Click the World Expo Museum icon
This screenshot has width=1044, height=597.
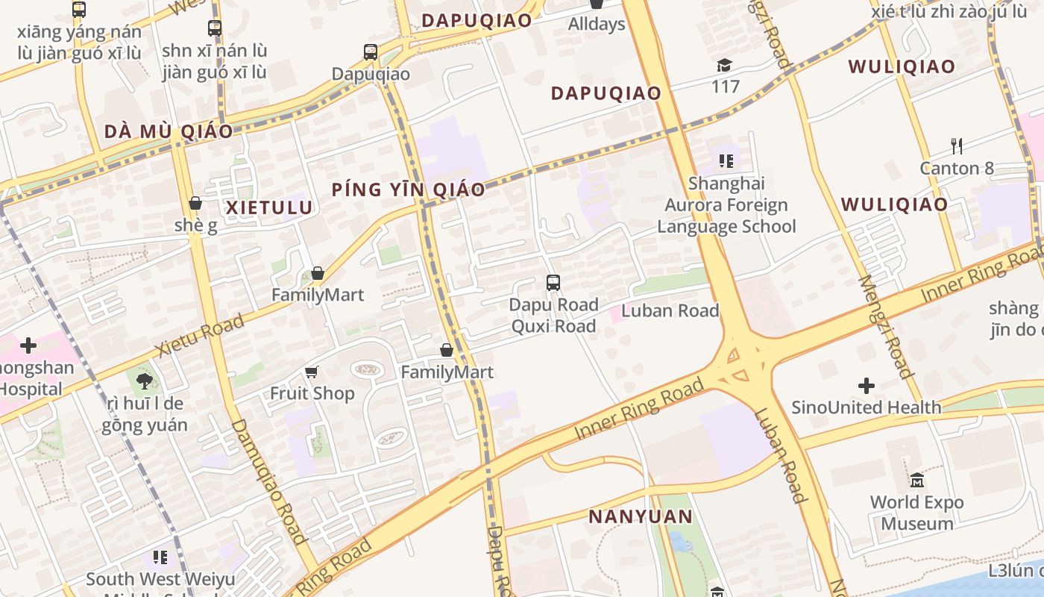[x=916, y=480]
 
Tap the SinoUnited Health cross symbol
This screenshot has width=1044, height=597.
[x=866, y=386]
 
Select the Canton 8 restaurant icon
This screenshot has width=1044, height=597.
[x=957, y=146]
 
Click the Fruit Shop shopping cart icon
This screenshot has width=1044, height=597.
[x=312, y=372]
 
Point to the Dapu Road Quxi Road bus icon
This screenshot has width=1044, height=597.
[x=553, y=283]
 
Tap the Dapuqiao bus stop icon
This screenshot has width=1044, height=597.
[x=371, y=52]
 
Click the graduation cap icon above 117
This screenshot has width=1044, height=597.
[x=724, y=66]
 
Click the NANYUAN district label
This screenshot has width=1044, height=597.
[x=640, y=516]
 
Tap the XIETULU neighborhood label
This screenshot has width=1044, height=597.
[x=269, y=207]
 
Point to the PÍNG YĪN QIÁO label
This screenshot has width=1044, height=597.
[x=408, y=190]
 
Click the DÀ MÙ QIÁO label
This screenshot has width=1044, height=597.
[x=169, y=132]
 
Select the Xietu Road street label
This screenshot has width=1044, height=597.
[x=199, y=337]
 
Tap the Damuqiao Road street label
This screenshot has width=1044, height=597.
[x=270, y=481]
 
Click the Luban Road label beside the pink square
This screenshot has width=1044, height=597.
[x=670, y=310]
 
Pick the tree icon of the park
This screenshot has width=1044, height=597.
[x=144, y=381]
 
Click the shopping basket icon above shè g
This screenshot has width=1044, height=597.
[x=195, y=203]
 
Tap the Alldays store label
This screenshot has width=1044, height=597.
[x=596, y=24]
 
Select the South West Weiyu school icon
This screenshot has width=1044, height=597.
[x=160, y=557]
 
